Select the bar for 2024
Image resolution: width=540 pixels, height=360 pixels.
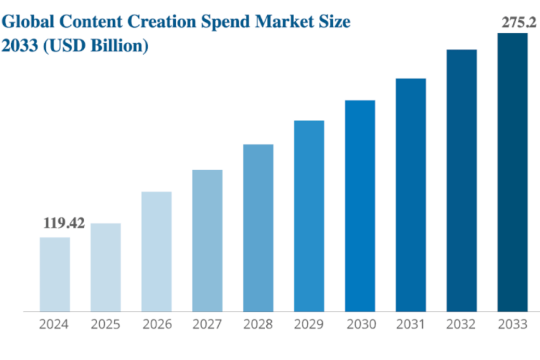point(55,274)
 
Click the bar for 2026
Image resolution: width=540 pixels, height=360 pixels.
point(156,251)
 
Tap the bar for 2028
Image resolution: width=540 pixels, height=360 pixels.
point(258,227)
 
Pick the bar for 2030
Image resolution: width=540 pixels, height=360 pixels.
point(360,205)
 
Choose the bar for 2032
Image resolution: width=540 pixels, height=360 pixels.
point(462,180)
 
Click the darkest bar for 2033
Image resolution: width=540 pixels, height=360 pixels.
point(512,172)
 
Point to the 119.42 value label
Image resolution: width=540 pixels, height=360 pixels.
point(63,224)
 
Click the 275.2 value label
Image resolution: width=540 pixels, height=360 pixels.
point(518,23)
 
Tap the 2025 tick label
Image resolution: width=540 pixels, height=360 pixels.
point(105,325)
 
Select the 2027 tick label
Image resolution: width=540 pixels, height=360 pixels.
point(207,325)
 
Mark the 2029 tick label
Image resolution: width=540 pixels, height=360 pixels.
point(309,325)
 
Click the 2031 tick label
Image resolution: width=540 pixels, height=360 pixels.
point(411,325)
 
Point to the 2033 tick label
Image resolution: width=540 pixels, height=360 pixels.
point(512,325)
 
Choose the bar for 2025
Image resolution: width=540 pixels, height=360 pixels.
point(105,267)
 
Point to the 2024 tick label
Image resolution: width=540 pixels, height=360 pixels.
point(55,325)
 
